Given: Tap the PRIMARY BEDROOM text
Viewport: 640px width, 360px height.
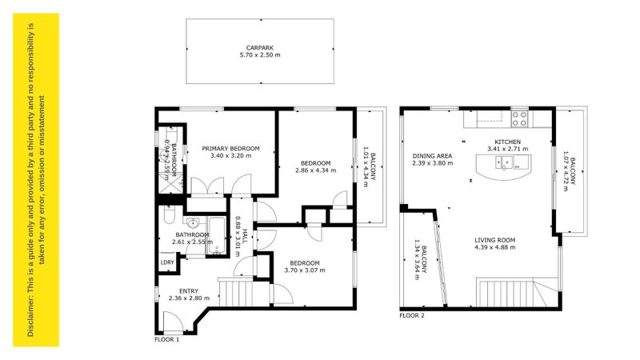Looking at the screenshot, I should [230, 148].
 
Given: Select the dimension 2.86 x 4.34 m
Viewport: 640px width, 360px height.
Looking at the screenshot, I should [315, 170].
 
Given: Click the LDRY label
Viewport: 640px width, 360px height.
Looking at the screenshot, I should [167, 262].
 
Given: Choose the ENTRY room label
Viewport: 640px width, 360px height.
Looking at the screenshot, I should [189, 290].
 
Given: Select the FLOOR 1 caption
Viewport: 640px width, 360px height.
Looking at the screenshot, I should [167, 339].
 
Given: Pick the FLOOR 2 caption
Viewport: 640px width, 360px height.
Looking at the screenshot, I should [412, 316].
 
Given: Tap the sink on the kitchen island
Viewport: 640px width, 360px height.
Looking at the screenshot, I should [504, 164].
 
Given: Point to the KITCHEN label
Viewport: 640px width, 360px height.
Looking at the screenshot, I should [507, 142].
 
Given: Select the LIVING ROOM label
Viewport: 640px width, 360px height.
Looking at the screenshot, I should [494, 240].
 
